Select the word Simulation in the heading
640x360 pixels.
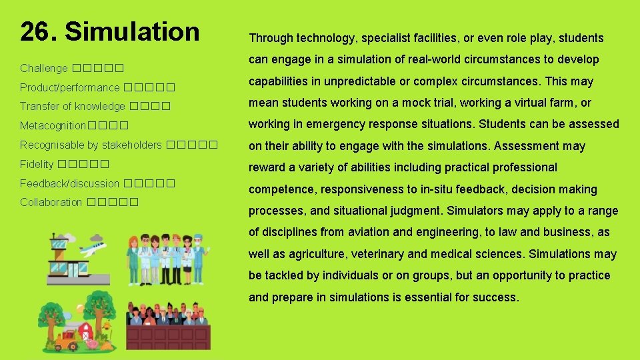tap(133, 32)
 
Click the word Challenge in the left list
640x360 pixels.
tap(43, 68)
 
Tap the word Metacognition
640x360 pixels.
tap(53, 125)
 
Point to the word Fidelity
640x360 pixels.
tap(37, 164)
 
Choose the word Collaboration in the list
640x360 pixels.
tap(51, 202)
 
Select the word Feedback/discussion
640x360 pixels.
tap(69, 183)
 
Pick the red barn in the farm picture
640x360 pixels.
tap(86, 330)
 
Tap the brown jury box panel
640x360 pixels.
tap(169, 337)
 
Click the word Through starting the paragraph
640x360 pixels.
tap(269, 38)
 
